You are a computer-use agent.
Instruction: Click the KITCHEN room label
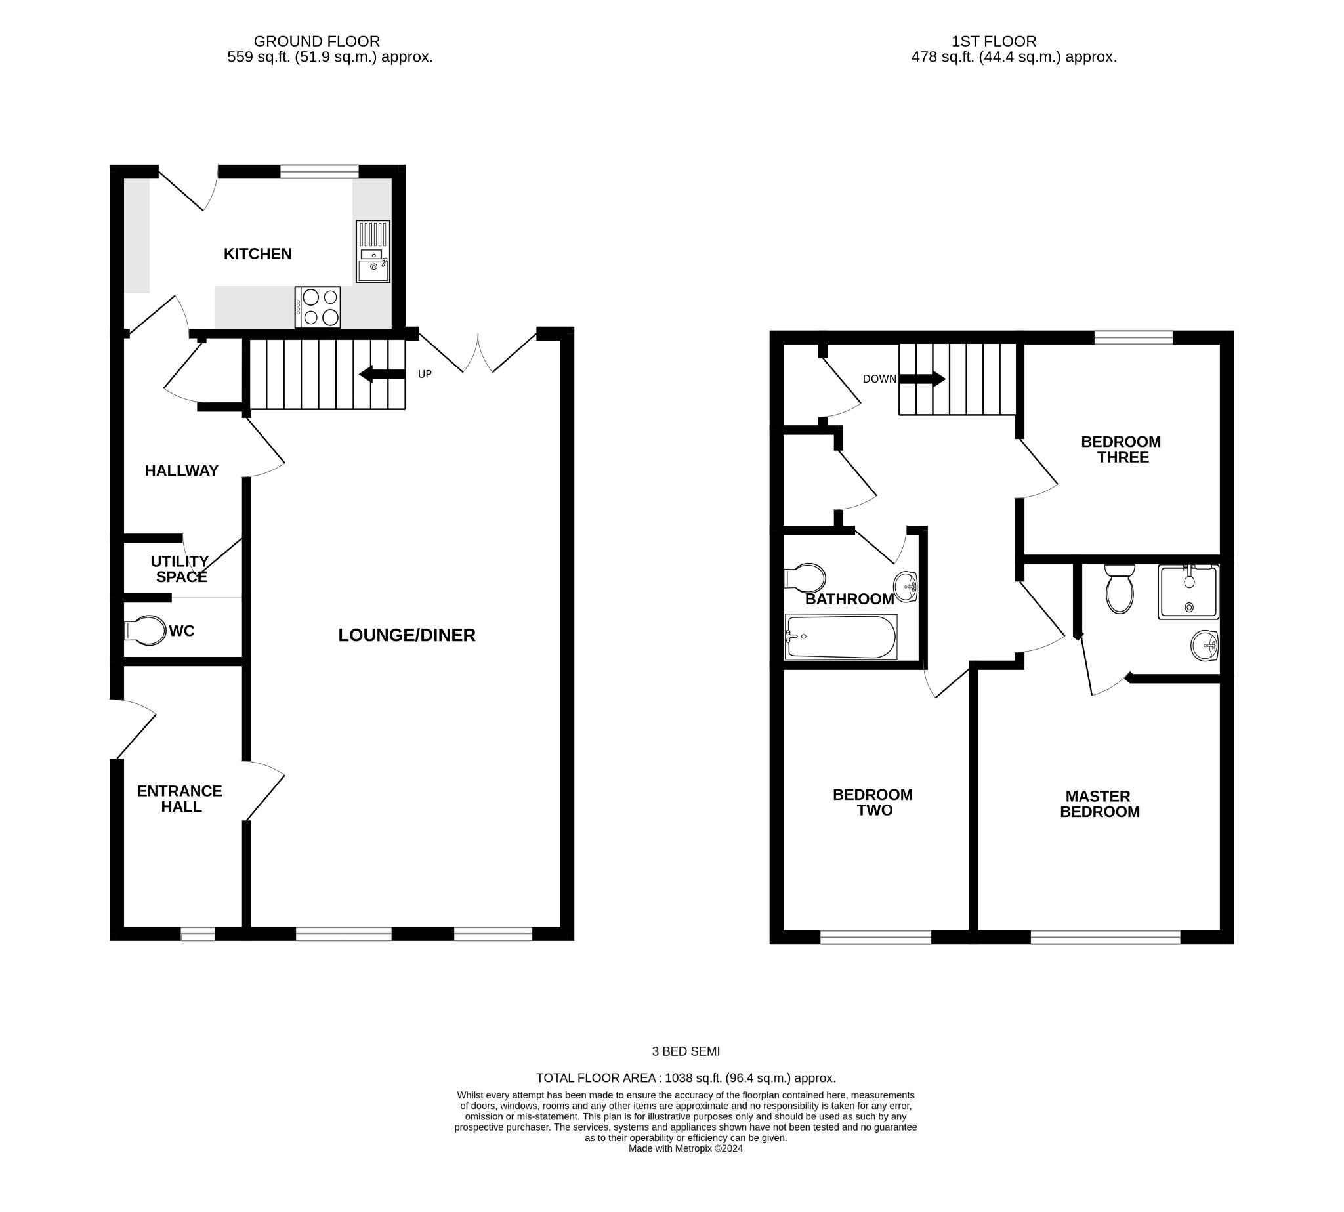coord(257,254)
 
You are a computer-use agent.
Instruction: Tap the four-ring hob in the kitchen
coord(318,307)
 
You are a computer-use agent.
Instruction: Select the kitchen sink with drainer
coord(372,252)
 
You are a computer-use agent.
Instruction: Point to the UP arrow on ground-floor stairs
coord(382,374)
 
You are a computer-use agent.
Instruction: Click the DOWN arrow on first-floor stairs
coord(922,379)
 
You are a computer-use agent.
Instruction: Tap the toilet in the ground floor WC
coord(146,630)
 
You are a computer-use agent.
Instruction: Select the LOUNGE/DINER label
coord(406,635)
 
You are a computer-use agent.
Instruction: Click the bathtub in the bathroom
coord(841,637)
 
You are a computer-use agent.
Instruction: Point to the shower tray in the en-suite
coord(1188,592)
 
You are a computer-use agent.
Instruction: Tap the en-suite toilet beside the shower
coord(1119,589)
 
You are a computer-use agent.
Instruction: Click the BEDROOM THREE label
coord(1121,449)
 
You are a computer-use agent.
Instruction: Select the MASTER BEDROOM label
coord(1099,804)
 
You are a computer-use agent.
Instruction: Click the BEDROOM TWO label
coord(872,802)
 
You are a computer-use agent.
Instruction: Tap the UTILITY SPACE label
coord(180,569)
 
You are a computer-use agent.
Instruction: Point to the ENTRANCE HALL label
coord(180,799)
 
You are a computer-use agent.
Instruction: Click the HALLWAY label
coord(181,470)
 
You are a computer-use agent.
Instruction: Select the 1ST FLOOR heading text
coord(993,41)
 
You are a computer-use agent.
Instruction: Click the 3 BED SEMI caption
coord(685,1051)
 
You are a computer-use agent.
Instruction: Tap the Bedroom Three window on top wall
coord(1133,338)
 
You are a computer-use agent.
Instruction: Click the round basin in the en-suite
coord(1204,645)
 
